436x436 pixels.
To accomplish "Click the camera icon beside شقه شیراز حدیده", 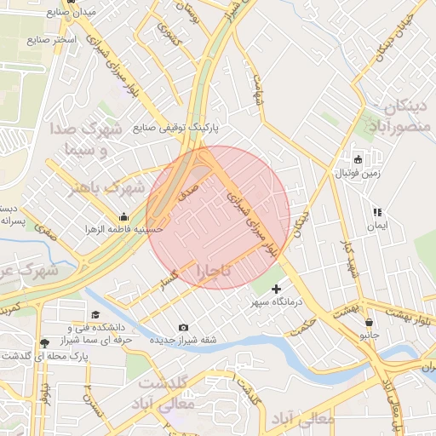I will [x=184, y=328].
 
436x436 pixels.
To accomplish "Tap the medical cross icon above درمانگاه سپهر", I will [x=275, y=290].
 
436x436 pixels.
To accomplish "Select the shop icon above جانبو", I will [x=369, y=323].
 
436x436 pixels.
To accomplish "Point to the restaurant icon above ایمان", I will [x=376, y=212].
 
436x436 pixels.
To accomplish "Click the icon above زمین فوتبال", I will [x=358, y=159].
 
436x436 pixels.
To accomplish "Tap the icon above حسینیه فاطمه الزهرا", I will [x=124, y=216].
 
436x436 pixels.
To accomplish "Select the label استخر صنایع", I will [x=53, y=40].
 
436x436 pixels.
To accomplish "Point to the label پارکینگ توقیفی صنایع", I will [x=176, y=128].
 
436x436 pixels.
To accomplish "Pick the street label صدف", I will [x=189, y=188].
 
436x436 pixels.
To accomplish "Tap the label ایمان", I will [x=376, y=226].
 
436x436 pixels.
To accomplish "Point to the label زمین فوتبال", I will [x=357, y=173].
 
